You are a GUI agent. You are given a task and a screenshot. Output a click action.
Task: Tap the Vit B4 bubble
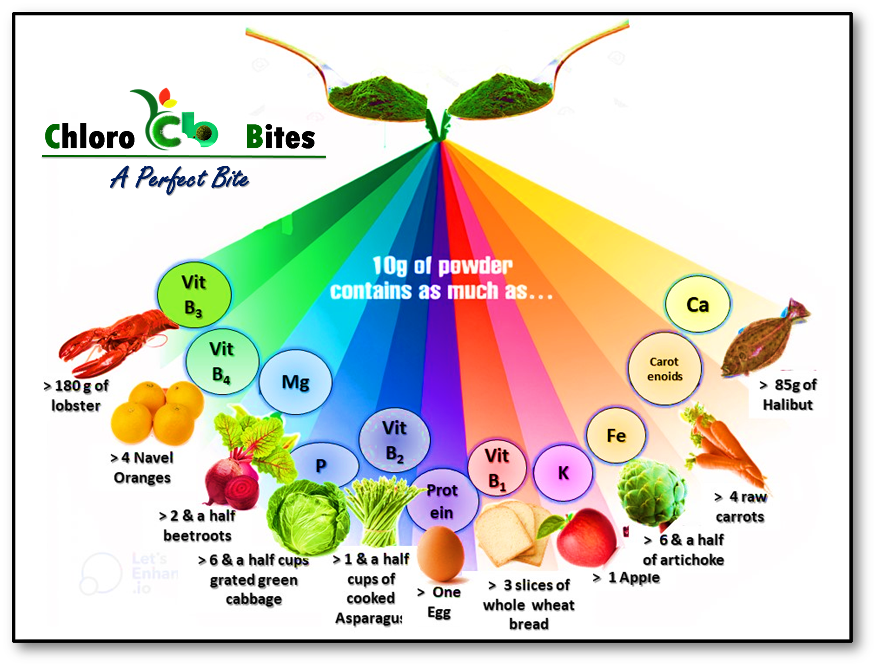[222, 362]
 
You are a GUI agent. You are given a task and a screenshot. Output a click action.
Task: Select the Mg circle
[295, 382]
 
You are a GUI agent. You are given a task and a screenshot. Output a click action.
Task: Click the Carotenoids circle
[664, 369]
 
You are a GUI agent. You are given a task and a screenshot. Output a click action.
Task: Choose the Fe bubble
[616, 435]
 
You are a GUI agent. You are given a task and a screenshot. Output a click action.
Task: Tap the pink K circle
[563, 472]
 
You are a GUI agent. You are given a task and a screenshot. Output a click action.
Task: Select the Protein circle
[442, 501]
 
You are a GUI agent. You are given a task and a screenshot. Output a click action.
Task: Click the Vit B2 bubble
[394, 440]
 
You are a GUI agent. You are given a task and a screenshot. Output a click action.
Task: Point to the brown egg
[440, 554]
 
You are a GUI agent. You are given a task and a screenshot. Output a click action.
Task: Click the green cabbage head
[308, 516]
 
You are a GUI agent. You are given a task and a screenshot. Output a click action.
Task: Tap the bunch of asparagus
[377, 512]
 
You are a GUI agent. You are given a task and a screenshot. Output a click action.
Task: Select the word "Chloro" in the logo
[90, 137]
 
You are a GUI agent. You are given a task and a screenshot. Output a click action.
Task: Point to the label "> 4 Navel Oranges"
[142, 468]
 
